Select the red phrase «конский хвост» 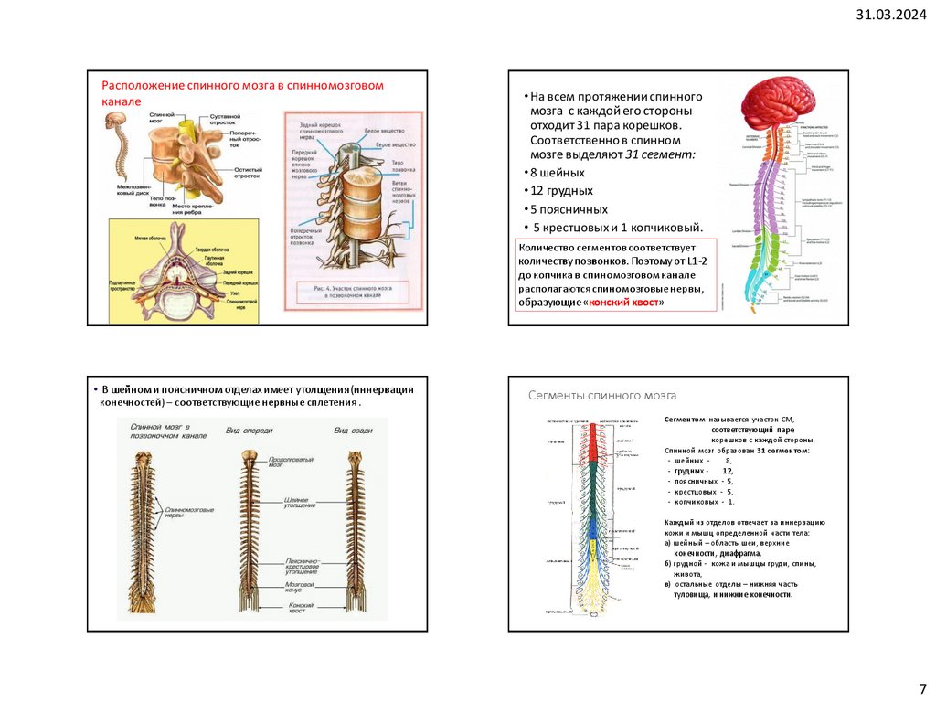[624, 302]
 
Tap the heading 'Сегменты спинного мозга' [602, 396]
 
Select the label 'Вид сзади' [351, 431]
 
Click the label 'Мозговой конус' [300, 586]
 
